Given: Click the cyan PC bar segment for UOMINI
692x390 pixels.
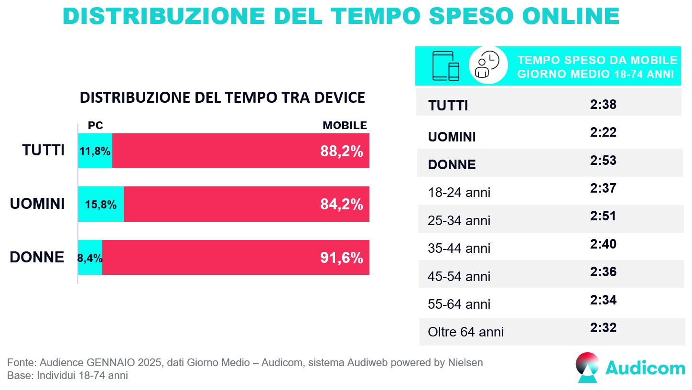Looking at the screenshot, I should point(101,204).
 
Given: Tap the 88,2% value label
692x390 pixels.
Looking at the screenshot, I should point(341,152).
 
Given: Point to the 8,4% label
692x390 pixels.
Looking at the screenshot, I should point(90,259).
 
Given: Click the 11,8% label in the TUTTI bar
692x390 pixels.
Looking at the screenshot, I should point(95,152).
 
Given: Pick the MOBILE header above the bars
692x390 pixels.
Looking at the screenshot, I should point(345,126).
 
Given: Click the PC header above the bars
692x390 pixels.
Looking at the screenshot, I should point(96,126).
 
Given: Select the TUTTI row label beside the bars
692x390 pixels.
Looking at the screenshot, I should point(43,151).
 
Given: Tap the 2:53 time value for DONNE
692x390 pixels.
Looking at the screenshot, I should point(603,160).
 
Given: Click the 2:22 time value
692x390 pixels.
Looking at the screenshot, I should point(603,132).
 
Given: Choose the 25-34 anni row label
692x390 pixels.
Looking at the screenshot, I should point(459,221).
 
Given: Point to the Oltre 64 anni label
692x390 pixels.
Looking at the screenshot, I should point(466,332).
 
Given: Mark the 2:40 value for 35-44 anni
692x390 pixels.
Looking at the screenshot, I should point(603,244).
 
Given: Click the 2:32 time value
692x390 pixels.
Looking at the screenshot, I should point(603,328).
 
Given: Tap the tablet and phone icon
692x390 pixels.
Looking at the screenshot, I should point(445,65).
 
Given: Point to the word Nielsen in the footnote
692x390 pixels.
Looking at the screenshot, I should point(465,363).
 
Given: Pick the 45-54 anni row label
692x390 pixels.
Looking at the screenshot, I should point(459,276).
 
